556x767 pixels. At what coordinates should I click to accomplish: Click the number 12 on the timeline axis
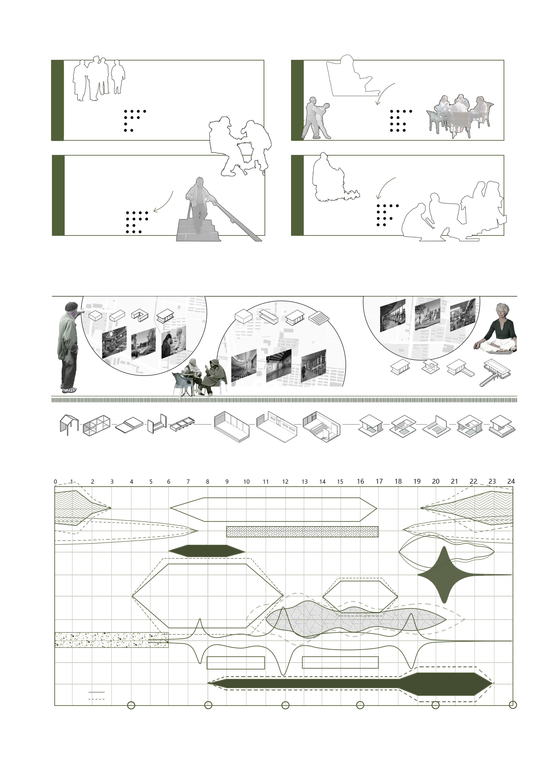click(285, 482)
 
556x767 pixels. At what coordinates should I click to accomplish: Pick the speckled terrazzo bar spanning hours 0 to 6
click(112, 639)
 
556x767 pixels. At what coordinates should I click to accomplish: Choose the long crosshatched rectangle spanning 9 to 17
click(302, 531)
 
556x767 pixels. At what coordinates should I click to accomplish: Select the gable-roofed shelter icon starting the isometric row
click(69, 425)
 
